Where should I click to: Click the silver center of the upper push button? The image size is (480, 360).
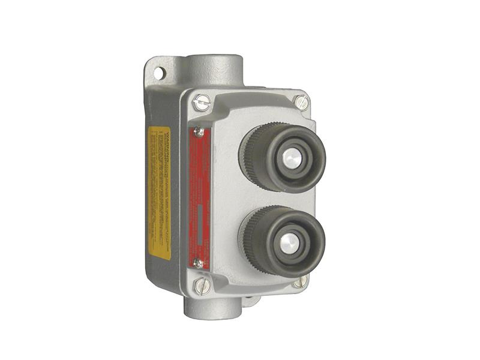tap(291, 158)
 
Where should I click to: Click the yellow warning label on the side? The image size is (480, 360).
tap(159, 193)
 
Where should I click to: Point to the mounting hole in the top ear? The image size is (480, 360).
tap(158, 73)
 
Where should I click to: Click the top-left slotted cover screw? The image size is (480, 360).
tap(202, 103)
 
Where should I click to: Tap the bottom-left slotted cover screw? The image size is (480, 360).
tap(202, 286)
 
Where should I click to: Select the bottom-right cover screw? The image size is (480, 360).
tap(300, 280)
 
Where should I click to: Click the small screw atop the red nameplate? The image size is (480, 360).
tap(199, 132)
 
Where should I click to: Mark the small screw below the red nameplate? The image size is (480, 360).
tap(198, 263)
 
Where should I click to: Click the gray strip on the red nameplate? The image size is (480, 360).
tap(199, 225)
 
